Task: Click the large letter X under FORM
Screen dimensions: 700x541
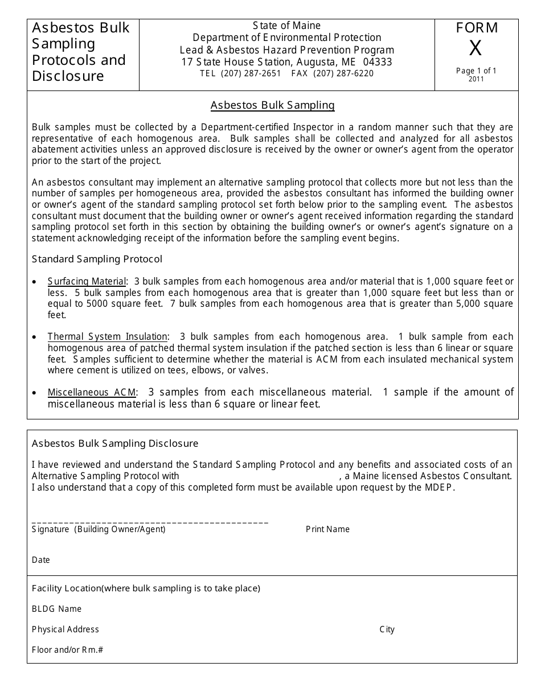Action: [476, 50]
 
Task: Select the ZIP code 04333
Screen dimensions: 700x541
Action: [378, 62]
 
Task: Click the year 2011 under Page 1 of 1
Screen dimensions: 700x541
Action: [476, 79]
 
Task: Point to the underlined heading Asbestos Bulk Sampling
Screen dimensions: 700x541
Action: [272, 105]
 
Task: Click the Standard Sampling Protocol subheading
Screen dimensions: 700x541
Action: [97, 260]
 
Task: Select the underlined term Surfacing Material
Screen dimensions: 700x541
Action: [87, 282]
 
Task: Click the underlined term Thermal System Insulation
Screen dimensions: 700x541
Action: [107, 337]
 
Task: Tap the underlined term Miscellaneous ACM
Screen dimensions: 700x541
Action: [92, 393]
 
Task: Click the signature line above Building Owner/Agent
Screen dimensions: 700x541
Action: [150, 522]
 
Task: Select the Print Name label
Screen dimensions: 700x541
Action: [327, 529]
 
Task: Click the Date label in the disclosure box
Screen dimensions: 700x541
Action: [41, 560]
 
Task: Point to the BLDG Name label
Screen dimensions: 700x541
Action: [57, 609]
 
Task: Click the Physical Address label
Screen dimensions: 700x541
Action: [65, 629]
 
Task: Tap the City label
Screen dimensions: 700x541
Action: [387, 629]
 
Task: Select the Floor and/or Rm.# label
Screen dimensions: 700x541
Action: [67, 650]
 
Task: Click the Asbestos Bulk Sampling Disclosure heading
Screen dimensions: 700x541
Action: [115, 443]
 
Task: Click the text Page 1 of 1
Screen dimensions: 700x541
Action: [476, 71]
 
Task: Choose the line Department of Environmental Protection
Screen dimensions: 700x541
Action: [287, 38]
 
